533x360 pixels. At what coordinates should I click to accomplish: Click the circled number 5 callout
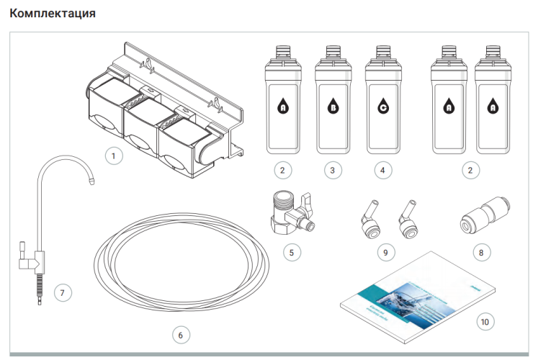point(291,252)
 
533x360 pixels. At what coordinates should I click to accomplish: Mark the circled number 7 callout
point(63,292)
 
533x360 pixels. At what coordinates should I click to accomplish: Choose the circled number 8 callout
point(480,252)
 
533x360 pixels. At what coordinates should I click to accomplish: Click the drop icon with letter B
point(333,108)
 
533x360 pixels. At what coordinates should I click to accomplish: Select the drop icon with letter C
point(382,108)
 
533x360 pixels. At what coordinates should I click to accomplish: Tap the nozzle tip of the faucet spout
point(93,183)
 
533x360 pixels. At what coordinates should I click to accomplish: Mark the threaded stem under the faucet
point(37,288)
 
